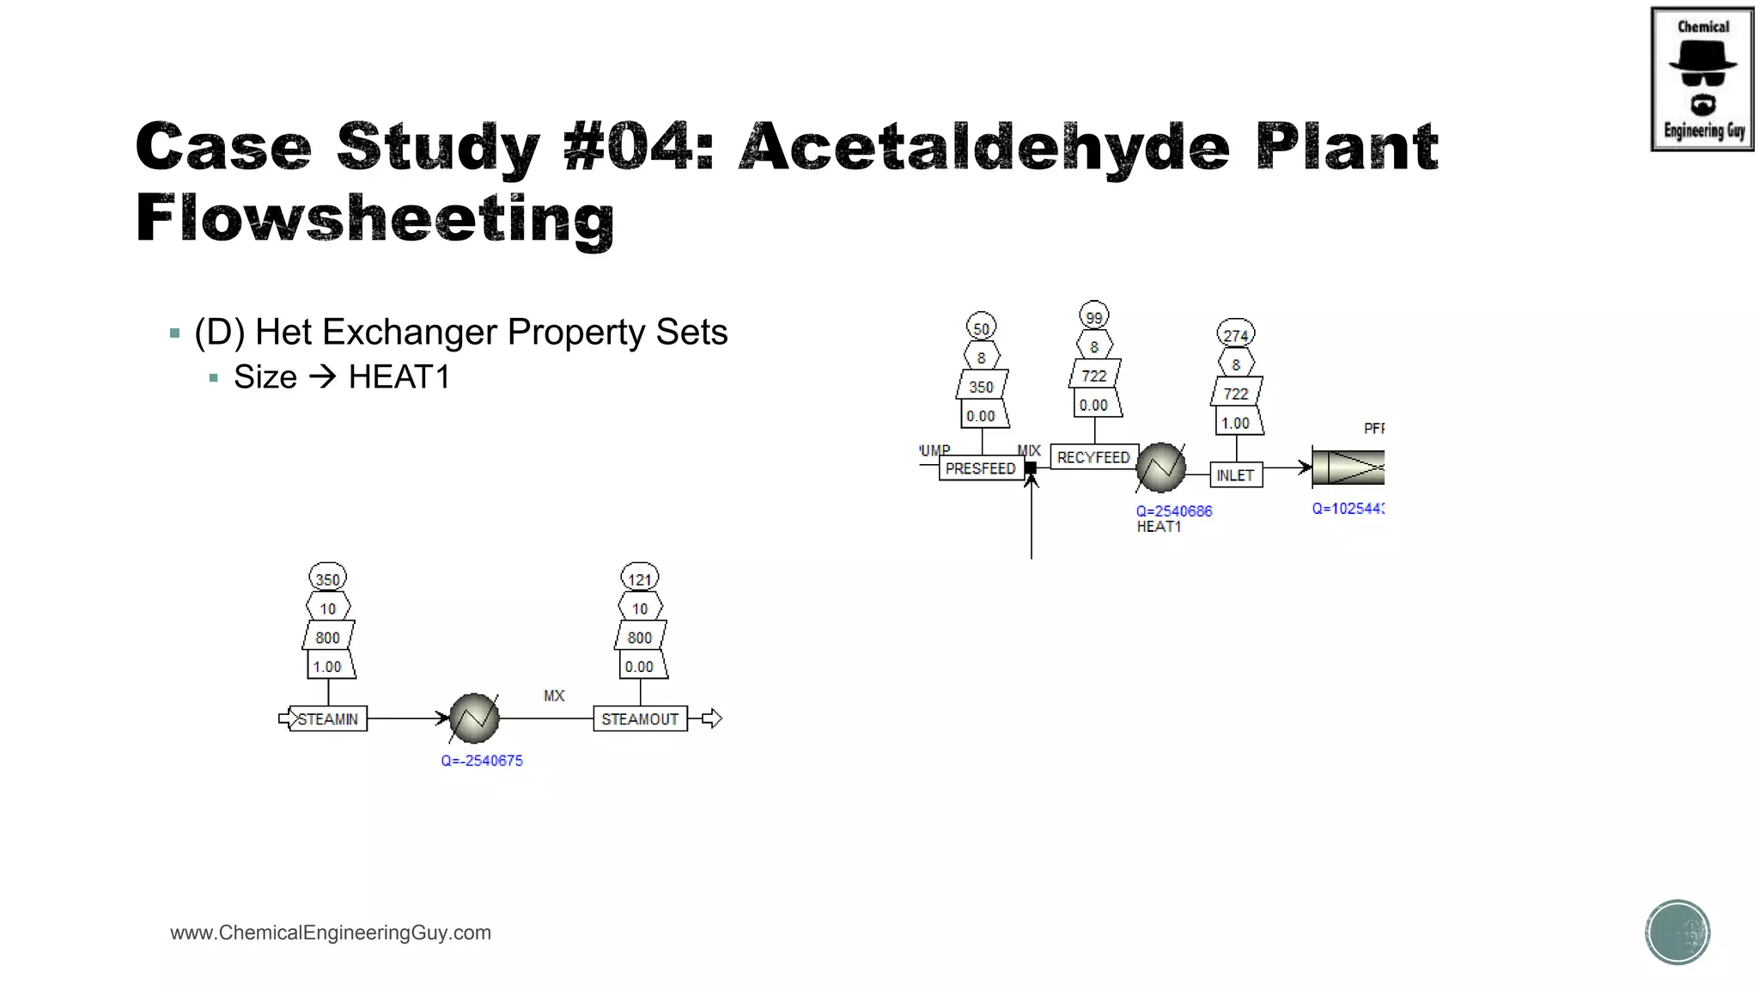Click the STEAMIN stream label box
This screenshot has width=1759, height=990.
(327, 718)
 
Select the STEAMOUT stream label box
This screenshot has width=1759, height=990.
(640, 718)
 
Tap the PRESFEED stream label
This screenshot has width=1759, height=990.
(980, 468)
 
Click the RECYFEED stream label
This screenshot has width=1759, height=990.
(1093, 457)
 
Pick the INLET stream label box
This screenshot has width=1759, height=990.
(1235, 475)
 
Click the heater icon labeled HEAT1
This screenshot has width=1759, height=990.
(1160, 467)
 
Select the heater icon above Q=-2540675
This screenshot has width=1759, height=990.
(474, 718)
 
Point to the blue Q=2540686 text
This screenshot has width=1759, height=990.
(1174, 510)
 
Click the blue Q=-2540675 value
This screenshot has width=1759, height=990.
(482, 761)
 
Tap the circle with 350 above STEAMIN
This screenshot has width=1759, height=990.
(327, 578)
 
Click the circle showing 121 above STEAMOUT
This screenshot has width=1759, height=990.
(640, 578)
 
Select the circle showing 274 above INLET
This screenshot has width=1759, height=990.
(1235, 334)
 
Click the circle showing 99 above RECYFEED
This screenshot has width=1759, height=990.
(1093, 316)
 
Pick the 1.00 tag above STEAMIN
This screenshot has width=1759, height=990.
(327, 666)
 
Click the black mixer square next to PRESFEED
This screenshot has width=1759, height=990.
(1031, 468)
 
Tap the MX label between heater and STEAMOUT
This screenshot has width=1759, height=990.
(554, 695)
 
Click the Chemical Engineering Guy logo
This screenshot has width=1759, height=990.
(1701, 79)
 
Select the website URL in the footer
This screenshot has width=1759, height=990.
(331, 932)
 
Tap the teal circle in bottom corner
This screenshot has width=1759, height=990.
(1677, 932)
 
